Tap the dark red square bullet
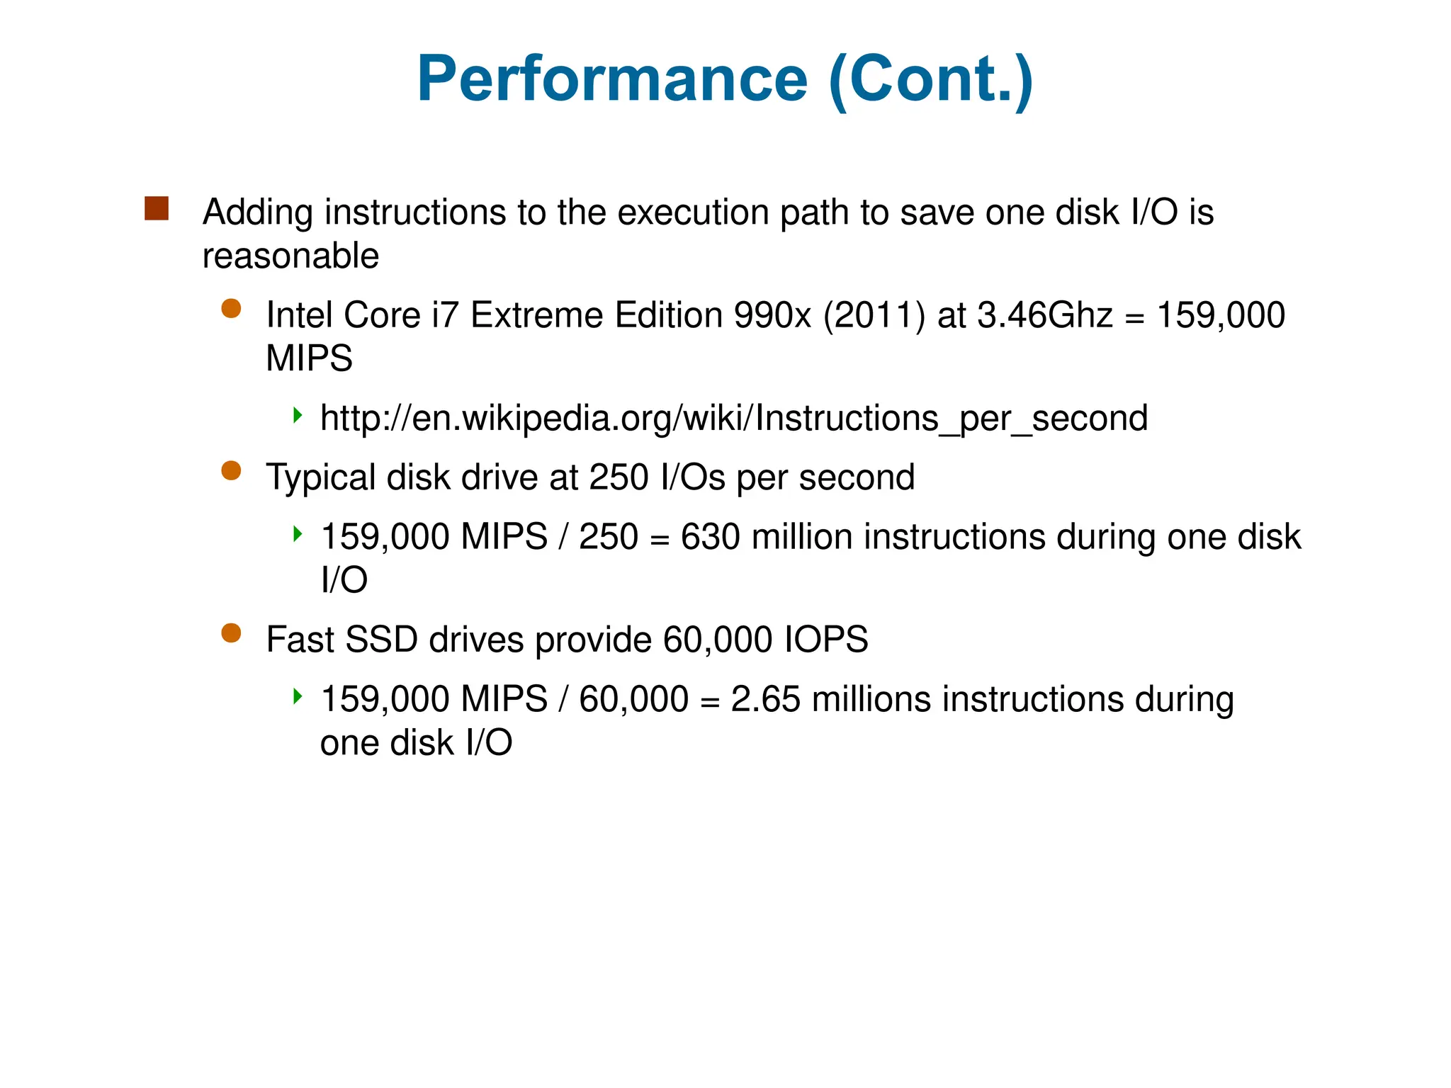point(157,209)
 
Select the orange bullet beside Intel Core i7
point(231,309)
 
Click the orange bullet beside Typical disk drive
point(231,471)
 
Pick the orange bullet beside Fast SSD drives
point(231,633)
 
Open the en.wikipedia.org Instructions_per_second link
point(733,418)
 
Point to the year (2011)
point(874,315)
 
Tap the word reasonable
point(290,256)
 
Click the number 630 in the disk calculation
point(710,537)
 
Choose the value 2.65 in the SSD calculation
point(765,699)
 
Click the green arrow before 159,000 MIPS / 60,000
point(298,696)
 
